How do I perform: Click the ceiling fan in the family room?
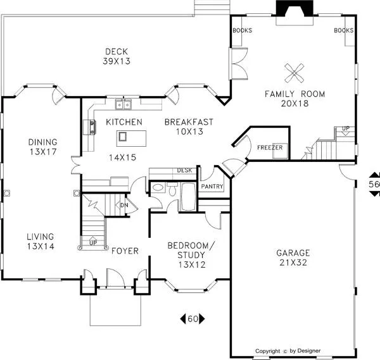click(x=294, y=73)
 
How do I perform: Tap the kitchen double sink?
click(x=123, y=104)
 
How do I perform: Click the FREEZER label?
click(x=270, y=147)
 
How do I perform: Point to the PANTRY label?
click(x=212, y=187)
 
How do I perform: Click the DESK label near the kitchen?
click(x=184, y=170)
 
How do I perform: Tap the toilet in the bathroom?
click(x=172, y=189)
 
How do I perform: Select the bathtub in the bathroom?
click(x=189, y=197)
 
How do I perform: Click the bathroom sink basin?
click(x=158, y=187)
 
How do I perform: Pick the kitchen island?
click(x=131, y=138)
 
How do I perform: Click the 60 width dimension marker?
click(x=193, y=319)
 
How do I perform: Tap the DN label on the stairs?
click(x=124, y=205)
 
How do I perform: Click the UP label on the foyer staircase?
click(x=93, y=243)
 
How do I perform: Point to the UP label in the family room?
click(x=346, y=128)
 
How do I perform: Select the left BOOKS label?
click(x=243, y=30)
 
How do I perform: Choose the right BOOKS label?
click(x=344, y=30)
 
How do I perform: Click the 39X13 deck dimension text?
click(x=117, y=61)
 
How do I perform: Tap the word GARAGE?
click(x=293, y=253)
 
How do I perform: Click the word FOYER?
click(x=125, y=251)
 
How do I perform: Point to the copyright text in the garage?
click(x=288, y=351)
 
